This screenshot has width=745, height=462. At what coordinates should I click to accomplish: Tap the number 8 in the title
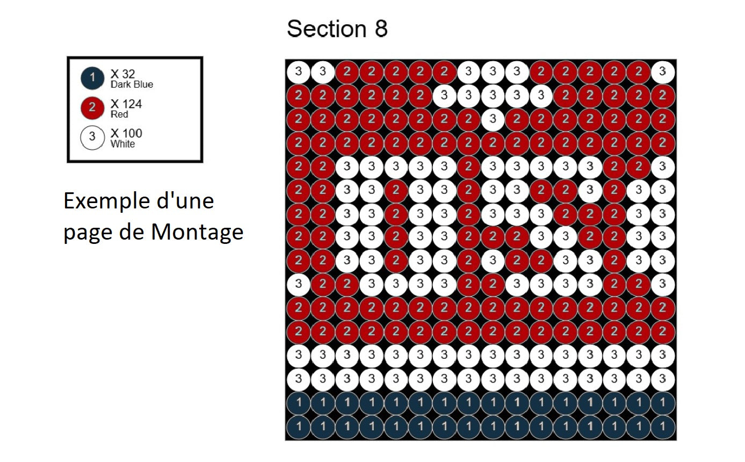click(381, 29)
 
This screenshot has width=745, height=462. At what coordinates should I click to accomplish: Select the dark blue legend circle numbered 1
click(92, 78)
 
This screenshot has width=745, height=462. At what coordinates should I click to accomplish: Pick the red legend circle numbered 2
click(92, 108)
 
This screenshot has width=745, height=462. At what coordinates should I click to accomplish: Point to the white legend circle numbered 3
click(92, 138)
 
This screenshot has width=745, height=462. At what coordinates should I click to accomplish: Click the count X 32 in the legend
click(122, 75)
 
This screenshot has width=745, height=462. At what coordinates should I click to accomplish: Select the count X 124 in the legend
click(126, 104)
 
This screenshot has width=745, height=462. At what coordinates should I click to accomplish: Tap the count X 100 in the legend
click(126, 133)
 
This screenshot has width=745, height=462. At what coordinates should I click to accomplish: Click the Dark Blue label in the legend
click(132, 84)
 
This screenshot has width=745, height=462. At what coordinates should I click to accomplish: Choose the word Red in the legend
click(119, 114)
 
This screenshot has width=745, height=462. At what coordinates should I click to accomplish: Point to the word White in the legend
click(122, 144)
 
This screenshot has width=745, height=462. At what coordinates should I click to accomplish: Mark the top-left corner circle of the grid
click(298, 71)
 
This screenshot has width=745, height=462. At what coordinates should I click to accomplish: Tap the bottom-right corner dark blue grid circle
click(663, 428)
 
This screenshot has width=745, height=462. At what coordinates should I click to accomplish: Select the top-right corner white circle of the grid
click(663, 71)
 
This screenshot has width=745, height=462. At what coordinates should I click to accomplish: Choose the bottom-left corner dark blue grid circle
click(298, 428)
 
